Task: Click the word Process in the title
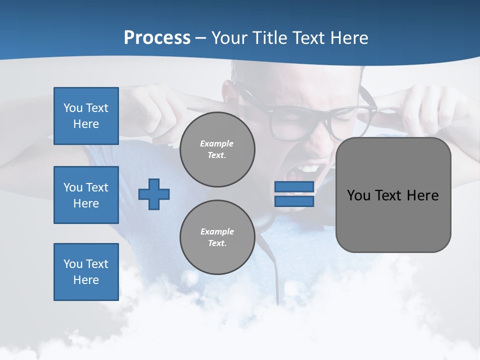[157, 38]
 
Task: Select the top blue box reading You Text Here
[86, 116]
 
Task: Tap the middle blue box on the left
[86, 195]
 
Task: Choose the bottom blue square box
[86, 272]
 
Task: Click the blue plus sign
[154, 194]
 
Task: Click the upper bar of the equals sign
[294, 187]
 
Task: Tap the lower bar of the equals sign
[294, 201]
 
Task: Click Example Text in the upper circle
[217, 149]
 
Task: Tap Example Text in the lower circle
[217, 237]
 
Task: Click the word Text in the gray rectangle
[388, 195]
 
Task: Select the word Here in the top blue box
[86, 124]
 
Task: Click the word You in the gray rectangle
[358, 195]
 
